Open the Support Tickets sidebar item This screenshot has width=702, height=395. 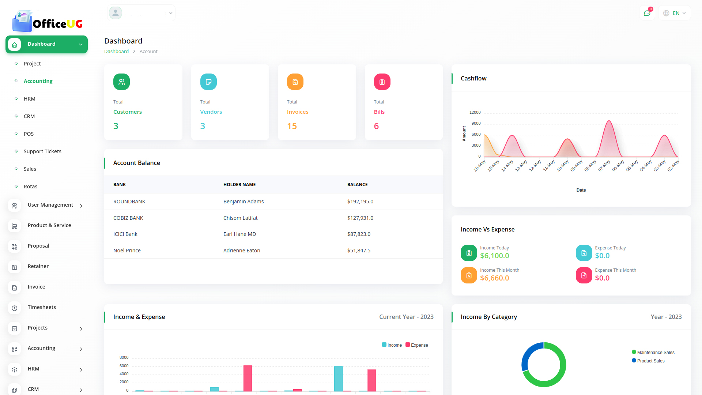[42, 151]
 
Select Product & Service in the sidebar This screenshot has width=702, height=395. [49, 225]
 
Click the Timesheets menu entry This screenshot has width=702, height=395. [42, 307]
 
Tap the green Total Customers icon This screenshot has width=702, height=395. [121, 82]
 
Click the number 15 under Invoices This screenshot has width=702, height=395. [292, 126]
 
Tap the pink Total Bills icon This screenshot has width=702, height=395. [382, 82]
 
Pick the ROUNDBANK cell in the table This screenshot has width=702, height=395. [129, 202]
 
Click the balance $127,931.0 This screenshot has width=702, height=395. [360, 218]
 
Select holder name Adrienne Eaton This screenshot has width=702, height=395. [242, 251]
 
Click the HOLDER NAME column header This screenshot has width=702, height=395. [239, 185]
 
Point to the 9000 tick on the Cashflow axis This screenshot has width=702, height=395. [476, 124]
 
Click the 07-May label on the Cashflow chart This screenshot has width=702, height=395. [604, 166]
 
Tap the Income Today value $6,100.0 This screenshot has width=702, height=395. [494, 256]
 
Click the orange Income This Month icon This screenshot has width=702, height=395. [469, 275]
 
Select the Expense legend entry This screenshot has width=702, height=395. [417, 345]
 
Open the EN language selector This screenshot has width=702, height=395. [675, 13]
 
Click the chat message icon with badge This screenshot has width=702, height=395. [647, 13]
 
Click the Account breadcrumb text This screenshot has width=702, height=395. [148, 52]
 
